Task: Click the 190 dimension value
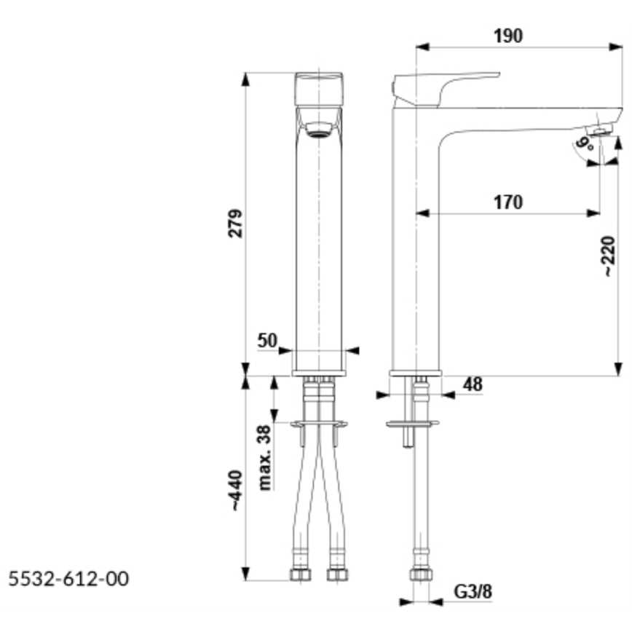508,36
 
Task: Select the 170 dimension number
508,202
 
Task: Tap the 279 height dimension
235,224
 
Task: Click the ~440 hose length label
235,491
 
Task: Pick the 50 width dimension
267,341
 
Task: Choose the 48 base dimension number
473,384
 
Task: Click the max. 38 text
264,457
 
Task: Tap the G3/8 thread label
473,592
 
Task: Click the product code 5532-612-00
68,579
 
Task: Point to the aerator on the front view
318,130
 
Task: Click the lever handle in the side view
446,90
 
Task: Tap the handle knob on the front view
319,89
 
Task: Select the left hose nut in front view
300,574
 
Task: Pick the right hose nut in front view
338,574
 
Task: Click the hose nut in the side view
421,574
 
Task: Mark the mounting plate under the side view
412,424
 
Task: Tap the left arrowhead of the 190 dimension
422,47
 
